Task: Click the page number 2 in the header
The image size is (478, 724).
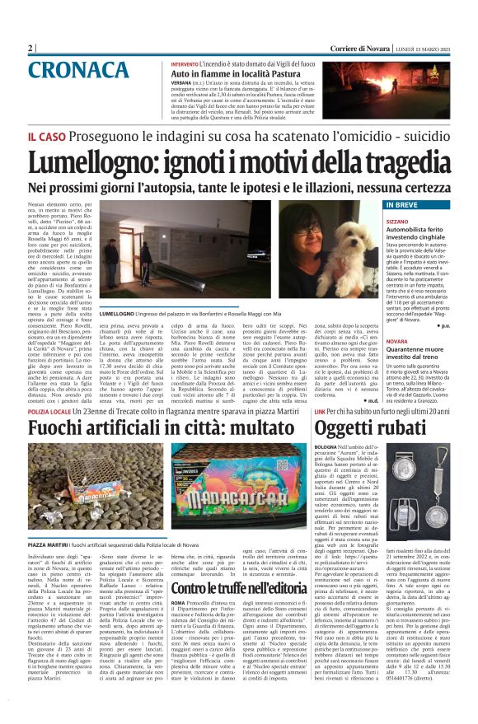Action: tap(30, 49)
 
